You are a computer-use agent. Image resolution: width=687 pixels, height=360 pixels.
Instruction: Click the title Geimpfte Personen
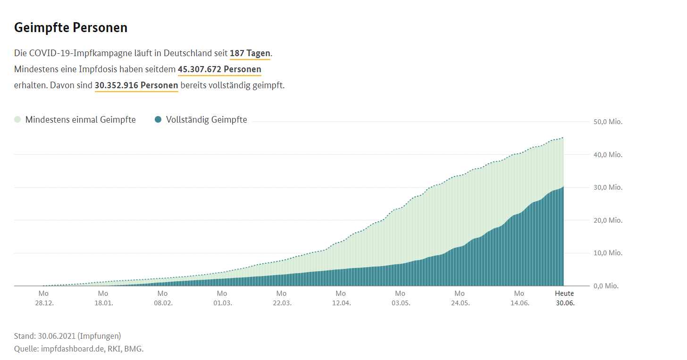pyautogui.click(x=71, y=27)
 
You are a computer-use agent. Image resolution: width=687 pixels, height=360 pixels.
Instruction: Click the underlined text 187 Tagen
pyautogui.click(x=250, y=53)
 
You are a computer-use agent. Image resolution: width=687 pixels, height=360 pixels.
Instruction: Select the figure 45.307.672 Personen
pyautogui.click(x=219, y=69)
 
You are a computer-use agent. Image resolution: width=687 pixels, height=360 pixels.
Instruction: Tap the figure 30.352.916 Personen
pyautogui.click(x=136, y=85)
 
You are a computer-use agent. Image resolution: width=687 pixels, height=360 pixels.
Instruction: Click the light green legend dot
pyautogui.click(x=18, y=120)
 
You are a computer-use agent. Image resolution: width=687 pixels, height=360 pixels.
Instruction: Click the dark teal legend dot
pyautogui.click(x=159, y=120)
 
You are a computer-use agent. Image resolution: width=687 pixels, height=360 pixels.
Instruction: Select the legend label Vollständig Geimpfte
pyautogui.click(x=206, y=120)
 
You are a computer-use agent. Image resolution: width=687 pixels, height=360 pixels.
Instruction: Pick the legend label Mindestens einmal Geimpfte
pyautogui.click(x=80, y=120)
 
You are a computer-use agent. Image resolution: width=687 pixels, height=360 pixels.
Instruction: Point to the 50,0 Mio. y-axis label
pyautogui.click(x=608, y=122)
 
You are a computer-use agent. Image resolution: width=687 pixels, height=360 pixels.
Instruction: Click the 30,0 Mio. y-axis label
pyautogui.click(x=608, y=187)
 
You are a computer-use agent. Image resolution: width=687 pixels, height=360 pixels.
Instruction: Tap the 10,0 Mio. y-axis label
pyautogui.click(x=608, y=253)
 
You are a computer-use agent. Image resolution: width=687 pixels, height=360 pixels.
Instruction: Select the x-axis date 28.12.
pyautogui.click(x=44, y=303)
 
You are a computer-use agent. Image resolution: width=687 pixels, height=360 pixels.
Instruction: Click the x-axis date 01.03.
pyautogui.click(x=223, y=303)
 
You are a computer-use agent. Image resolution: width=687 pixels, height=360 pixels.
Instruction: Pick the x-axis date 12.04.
pyautogui.click(x=342, y=303)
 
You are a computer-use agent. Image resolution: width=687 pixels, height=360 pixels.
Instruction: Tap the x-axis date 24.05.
pyautogui.click(x=461, y=303)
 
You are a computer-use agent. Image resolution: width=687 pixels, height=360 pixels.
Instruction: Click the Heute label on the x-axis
pyautogui.click(x=564, y=293)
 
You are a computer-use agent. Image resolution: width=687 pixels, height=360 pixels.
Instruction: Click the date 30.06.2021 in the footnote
pyautogui.click(x=57, y=336)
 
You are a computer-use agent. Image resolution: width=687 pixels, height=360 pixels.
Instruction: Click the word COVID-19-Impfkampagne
pyautogui.click(x=106, y=53)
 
